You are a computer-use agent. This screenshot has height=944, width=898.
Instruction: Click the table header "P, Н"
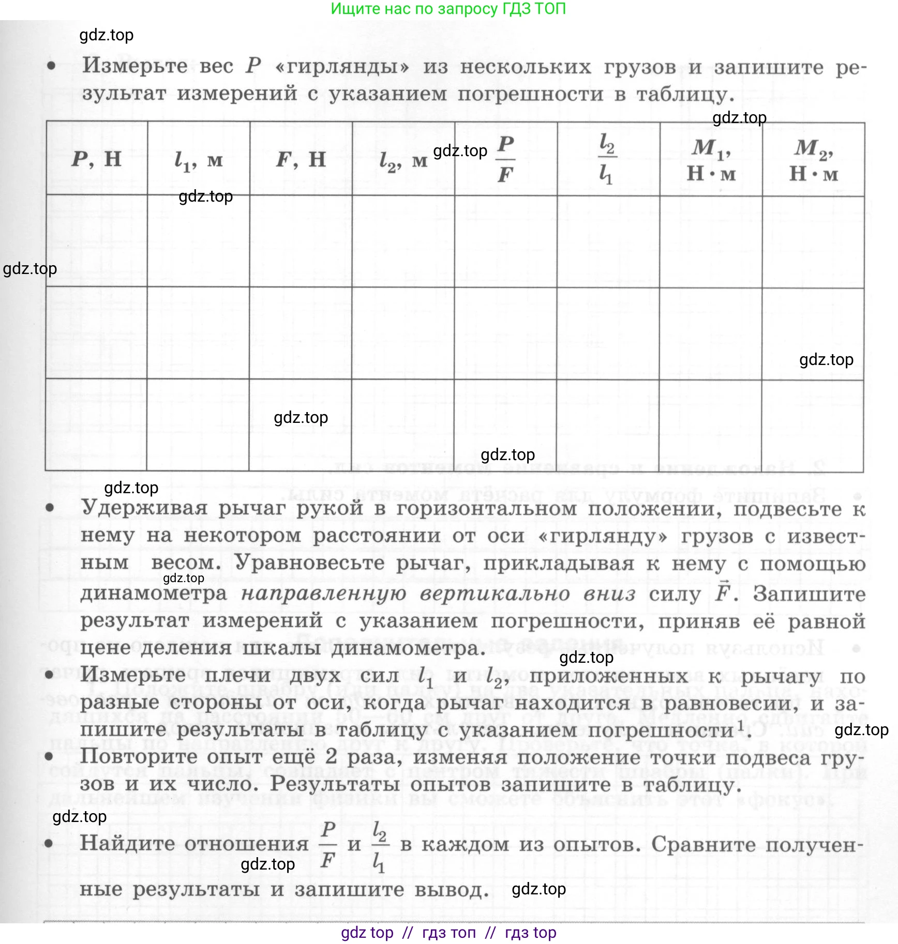[97, 159]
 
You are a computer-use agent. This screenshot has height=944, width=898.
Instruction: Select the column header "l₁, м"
[199, 160]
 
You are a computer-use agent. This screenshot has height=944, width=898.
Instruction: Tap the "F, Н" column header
[301, 159]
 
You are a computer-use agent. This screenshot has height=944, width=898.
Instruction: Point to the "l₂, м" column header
[403, 161]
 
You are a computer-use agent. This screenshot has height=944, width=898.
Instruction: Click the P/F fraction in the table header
[506, 159]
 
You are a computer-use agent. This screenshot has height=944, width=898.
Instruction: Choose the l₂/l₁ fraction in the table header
[607, 159]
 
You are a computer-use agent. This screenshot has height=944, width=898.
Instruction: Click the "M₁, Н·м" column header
[711, 160]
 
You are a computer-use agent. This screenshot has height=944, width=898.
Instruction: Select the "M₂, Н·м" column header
[814, 160]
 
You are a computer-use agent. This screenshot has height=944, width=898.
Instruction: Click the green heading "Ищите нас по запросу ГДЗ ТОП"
[448, 9]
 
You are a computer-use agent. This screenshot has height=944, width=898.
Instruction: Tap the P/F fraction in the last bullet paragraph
[328, 844]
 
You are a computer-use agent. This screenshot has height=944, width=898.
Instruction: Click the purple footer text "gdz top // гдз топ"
[448, 932]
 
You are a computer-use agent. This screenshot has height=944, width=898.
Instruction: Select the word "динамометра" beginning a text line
[154, 593]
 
